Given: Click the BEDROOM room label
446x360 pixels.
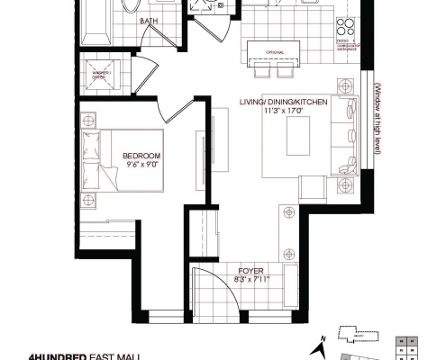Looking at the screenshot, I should pos(142,155).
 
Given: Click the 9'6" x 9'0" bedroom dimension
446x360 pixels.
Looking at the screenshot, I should pos(142,164).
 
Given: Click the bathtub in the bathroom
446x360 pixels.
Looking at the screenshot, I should pos(95,22).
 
